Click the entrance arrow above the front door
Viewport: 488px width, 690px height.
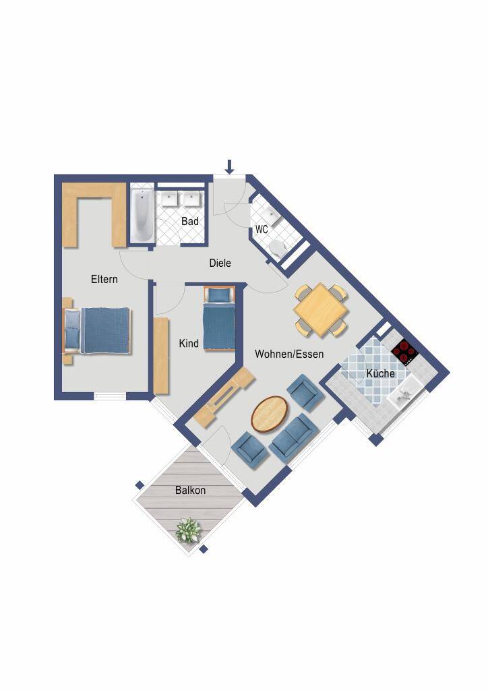(x=228, y=166)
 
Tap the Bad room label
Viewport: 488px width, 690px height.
(x=190, y=221)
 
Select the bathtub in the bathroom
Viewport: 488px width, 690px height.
(x=142, y=216)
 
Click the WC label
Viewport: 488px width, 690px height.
(x=262, y=229)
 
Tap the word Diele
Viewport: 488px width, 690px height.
(x=220, y=263)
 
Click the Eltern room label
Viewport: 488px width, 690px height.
(x=104, y=279)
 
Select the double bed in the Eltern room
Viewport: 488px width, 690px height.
(x=98, y=330)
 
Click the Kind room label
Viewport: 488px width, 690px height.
(x=189, y=343)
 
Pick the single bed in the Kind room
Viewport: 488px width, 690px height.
(x=218, y=318)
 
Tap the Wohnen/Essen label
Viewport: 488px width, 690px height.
(x=289, y=354)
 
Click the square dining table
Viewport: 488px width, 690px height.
(x=322, y=310)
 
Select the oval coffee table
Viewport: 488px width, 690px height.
(x=270, y=414)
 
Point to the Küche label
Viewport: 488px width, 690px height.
(x=381, y=373)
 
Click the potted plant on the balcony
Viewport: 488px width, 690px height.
(x=188, y=530)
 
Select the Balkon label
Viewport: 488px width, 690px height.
(x=190, y=490)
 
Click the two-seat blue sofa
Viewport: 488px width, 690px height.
(x=293, y=437)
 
